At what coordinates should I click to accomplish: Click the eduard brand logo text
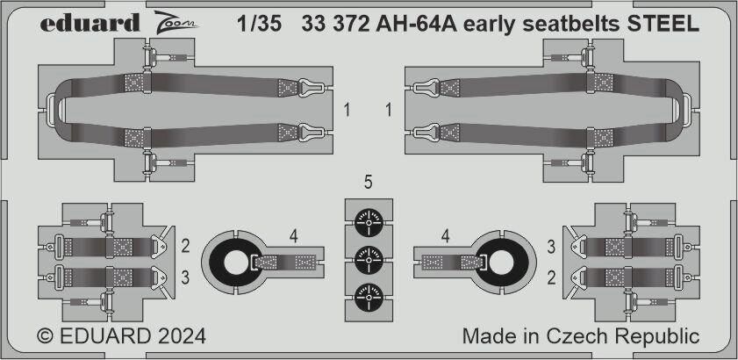[x=90, y=23]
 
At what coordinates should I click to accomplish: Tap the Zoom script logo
[x=176, y=23]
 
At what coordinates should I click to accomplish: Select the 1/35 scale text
[x=260, y=24]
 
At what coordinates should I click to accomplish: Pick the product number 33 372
[x=335, y=24]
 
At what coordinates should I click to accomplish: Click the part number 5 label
[x=369, y=183]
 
